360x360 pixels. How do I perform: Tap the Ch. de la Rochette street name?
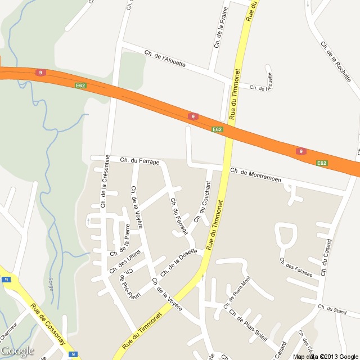pos(335,62)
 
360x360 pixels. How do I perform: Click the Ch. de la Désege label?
pos(178,263)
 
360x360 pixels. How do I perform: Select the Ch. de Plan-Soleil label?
pos(247,318)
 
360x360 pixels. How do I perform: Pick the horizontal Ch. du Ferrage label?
pos(140,161)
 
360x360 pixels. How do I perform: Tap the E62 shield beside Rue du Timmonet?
pos(217,129)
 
